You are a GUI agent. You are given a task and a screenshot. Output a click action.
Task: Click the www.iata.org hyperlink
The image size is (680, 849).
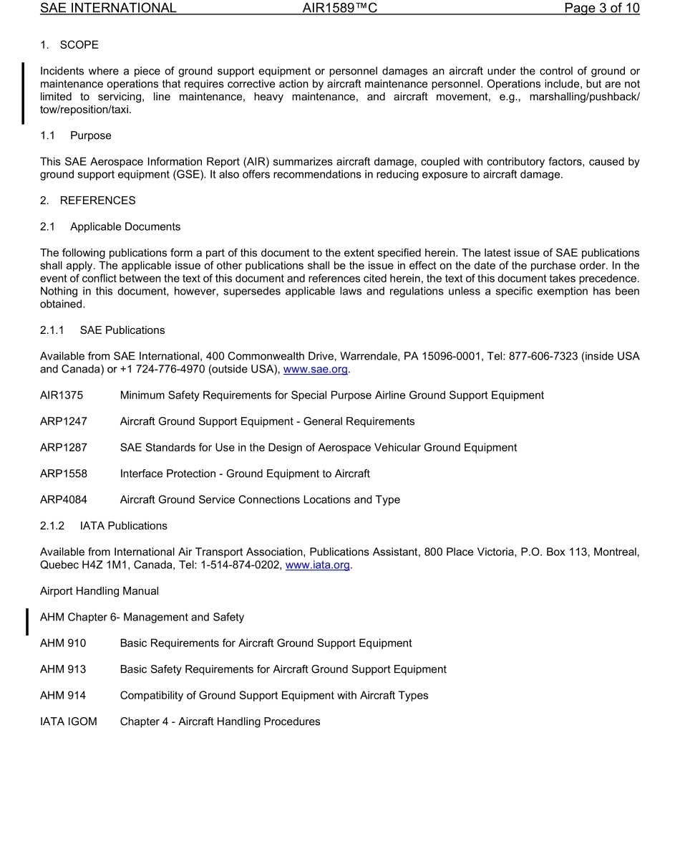pos(318,565)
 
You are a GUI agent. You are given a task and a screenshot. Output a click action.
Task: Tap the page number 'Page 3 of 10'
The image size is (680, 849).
pos(601,9)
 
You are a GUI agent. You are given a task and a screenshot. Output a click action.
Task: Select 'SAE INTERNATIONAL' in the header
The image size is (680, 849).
pos(108,9)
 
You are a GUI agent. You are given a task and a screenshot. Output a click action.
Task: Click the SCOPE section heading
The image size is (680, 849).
pos(79,45)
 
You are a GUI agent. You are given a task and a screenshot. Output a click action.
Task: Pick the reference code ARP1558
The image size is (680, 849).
pos(64,474)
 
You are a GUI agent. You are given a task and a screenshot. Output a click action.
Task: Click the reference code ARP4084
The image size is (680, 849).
pos(64,499)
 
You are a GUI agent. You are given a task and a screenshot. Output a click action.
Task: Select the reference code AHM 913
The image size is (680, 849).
pos(63,669)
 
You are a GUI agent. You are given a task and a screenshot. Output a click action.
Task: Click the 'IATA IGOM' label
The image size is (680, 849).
pos(69,721)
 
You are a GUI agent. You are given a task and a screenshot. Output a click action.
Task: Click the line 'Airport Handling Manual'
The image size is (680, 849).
pos(99,591)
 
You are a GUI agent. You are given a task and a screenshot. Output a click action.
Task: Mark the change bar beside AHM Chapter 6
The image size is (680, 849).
pos(27,620)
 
